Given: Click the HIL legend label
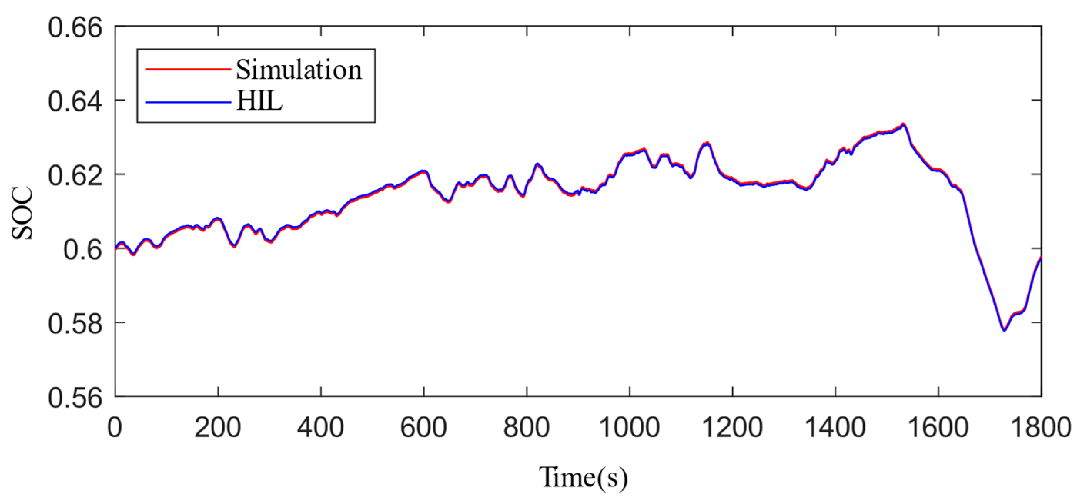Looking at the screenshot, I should [x=259, y=102].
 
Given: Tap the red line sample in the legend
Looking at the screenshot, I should [x=188, y=69].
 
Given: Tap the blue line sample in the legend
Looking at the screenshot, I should [x=188, y=102].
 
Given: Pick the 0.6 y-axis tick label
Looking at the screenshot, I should [x=82, y=250].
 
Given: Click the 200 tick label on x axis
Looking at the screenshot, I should [x=217, y=428].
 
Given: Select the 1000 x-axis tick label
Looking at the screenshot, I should [x=629, y=428].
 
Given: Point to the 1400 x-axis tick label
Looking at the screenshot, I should [x=835, y=428].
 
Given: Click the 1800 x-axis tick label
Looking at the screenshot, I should [x=1041, y=428].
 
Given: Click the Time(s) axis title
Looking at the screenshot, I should [x=583, y=477].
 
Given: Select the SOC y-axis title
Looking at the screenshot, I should [x=22, y=213].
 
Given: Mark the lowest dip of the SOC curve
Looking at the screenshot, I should [x=1004, y=330].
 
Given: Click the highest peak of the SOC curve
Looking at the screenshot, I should [x=903, y=124].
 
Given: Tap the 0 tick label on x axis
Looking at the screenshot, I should [x=115, y=428].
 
